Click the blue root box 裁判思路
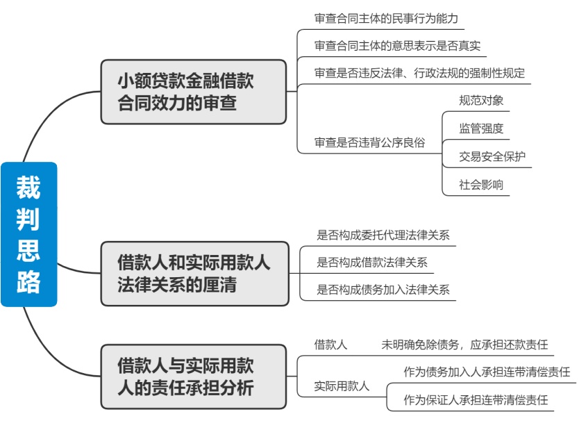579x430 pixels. coord(28,234)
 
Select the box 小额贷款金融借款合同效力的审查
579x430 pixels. coord(194,92)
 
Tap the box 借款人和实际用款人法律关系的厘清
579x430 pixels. coord(194,274)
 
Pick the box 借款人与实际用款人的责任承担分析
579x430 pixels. coord(194,377)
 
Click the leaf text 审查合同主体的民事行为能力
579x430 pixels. coord(386,19)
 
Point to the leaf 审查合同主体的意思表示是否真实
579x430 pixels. coord(397,46)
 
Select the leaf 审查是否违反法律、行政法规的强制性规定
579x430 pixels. coord(419,73)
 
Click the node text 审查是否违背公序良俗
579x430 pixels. coord(369,142)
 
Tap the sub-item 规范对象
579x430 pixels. coord(481,101)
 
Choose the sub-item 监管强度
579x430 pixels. coord(481,129)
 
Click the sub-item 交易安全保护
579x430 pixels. coord(492,156)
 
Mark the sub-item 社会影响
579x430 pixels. coord(481,185)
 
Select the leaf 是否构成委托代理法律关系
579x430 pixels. coord(383,235)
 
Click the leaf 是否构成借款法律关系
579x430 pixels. coord(372,263)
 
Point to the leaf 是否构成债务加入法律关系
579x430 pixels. coord(383,290)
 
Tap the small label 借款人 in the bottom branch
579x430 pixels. coord(330,345)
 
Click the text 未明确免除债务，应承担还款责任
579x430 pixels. coord(464,345)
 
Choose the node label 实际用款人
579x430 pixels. coord(342,386)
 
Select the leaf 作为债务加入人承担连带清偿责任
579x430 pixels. coord(487,372)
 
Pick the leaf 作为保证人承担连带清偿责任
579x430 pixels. coord(476,399)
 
